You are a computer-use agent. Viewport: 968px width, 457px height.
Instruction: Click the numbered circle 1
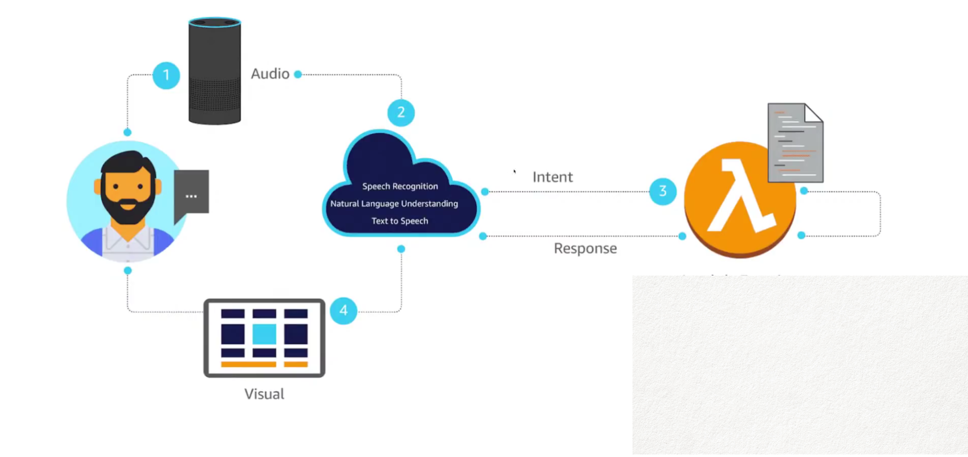click(x=166, y=75)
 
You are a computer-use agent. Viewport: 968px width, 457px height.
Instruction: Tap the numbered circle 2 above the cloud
click(x=401, y=112)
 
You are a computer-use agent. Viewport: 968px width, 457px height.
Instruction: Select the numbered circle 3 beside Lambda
click(x=662, y=192)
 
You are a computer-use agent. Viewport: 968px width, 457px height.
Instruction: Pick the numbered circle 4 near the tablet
click(x=344, y=311)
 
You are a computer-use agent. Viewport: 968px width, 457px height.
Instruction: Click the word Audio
click(x=270, y=74)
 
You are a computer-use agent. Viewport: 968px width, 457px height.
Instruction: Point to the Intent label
click(x=552, y=177)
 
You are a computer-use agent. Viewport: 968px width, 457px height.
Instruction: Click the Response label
click(x=585, y=248)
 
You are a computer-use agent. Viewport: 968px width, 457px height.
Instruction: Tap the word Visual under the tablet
click(x=264, y=394)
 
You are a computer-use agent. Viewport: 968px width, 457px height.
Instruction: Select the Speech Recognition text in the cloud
click(x=400, y=186)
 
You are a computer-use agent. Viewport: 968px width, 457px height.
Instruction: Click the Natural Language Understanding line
click(x=394, y=204)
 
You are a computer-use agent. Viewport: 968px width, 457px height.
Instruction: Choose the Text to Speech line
click(x=399, y=221)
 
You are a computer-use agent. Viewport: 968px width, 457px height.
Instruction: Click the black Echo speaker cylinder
click(x=214, y=76)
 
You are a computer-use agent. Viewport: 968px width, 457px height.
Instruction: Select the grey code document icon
click(x=795, y=143)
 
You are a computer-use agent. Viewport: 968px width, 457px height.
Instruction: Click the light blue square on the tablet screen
click(x=264, y=334)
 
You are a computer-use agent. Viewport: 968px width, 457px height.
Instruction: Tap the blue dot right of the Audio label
click(x=298, y=74)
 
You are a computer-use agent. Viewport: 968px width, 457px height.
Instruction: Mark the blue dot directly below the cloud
click(x=401, y=249)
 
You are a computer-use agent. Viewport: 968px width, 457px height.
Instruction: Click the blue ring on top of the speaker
click(x=214, y=22)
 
